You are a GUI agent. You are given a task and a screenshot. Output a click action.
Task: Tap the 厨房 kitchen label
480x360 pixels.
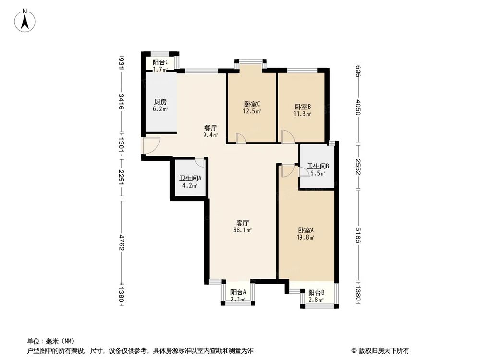tap(160, 102)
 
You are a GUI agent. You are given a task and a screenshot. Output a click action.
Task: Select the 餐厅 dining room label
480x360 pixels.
tap(211, 128)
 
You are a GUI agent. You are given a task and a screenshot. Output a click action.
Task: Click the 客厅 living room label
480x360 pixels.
tap(242, 223)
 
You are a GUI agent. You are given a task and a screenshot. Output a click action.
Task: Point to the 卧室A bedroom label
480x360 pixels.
tap(305, 229)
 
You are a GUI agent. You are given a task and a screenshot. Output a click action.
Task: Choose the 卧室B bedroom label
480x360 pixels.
tap(302, 107)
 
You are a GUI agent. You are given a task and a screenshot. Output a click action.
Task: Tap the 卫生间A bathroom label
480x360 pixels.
tap(187, 177)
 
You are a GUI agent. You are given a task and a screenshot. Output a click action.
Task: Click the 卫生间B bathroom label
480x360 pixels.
tap(317, 167)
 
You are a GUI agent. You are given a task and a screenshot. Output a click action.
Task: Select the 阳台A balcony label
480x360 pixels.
tap(238, 292)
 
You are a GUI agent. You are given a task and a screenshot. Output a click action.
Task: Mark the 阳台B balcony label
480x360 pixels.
tap(316, 292)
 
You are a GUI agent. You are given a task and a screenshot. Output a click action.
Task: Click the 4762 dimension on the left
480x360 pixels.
tap(121, 241)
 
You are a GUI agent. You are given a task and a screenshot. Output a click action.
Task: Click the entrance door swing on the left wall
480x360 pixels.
tap(151, 145)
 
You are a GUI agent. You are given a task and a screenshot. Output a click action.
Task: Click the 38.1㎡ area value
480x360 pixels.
tap(242, 230)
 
